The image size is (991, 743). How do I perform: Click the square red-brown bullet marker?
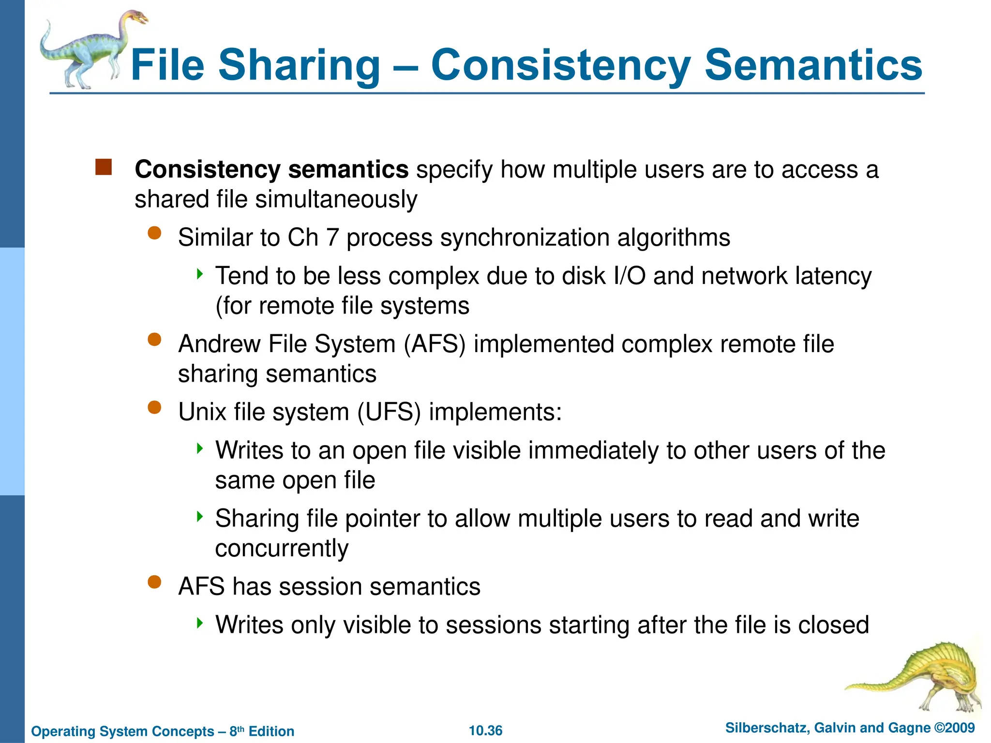(104, 167)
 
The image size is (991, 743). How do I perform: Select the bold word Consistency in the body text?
(208, 170)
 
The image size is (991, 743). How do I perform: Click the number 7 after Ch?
(332, 238)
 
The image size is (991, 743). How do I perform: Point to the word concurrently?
(281, 549)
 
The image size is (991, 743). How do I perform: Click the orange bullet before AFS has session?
(154, 581)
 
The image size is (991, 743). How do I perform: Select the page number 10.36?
(485, 730)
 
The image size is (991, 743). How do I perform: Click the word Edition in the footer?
(271, 731)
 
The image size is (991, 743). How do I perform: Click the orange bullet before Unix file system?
(154, 407)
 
